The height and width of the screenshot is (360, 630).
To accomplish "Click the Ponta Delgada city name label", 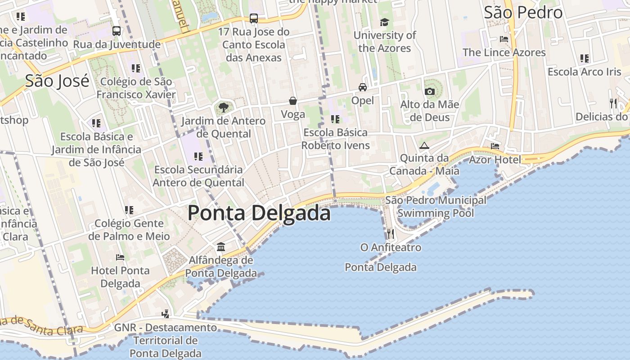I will [259, 213].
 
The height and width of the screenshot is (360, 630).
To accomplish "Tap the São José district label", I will [57, 81].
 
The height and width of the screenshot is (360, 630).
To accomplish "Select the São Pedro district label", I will [523, 13].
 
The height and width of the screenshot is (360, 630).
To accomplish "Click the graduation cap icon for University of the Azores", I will [384, 22].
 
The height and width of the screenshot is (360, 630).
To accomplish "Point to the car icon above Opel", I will [362, 87].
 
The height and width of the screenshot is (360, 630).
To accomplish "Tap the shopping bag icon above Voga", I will [293, 101].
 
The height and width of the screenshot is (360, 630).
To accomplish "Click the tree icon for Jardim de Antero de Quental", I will [223, 108].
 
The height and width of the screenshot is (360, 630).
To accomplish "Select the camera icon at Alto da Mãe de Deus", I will [430, 92].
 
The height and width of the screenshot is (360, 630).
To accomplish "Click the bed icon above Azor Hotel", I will [495, 146].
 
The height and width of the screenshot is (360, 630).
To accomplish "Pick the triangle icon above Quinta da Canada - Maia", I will [424, 145].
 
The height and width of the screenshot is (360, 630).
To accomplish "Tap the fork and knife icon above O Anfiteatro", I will [390, 234].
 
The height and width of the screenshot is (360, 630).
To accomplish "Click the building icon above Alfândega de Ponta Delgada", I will [221, 247].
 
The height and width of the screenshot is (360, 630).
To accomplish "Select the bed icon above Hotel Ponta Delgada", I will [120, 257].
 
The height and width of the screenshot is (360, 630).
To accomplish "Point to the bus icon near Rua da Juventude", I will [117, 31].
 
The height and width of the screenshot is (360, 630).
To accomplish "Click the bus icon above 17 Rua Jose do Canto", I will [254, 18].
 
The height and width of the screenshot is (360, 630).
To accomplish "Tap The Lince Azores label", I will [504, 52].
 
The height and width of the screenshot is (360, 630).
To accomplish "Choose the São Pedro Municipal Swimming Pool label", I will [436, 207].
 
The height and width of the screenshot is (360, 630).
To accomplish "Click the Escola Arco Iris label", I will [584, 72].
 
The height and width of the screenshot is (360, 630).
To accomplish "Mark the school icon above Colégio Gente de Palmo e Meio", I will [129, 210].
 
